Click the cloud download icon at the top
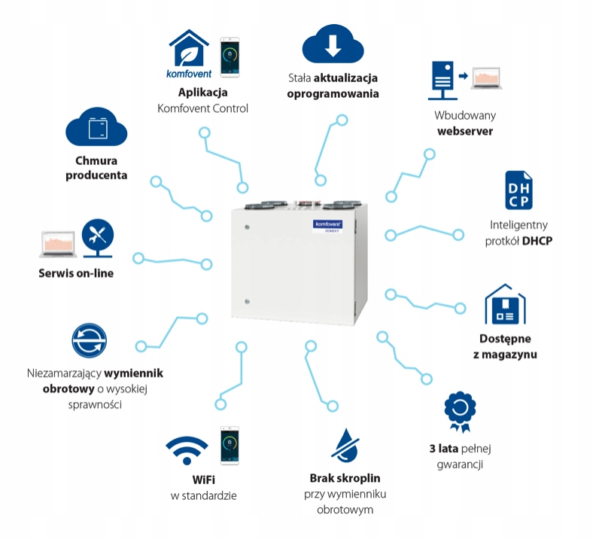click(x=333, y=44)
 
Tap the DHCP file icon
click(x=518, y=191)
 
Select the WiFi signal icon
click(x=187, y=450)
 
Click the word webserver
click(x=465, y=131)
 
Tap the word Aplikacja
click(x=202, y=93)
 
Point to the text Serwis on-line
click(x=76, y=273)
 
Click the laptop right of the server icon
click(x=488, y=78)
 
